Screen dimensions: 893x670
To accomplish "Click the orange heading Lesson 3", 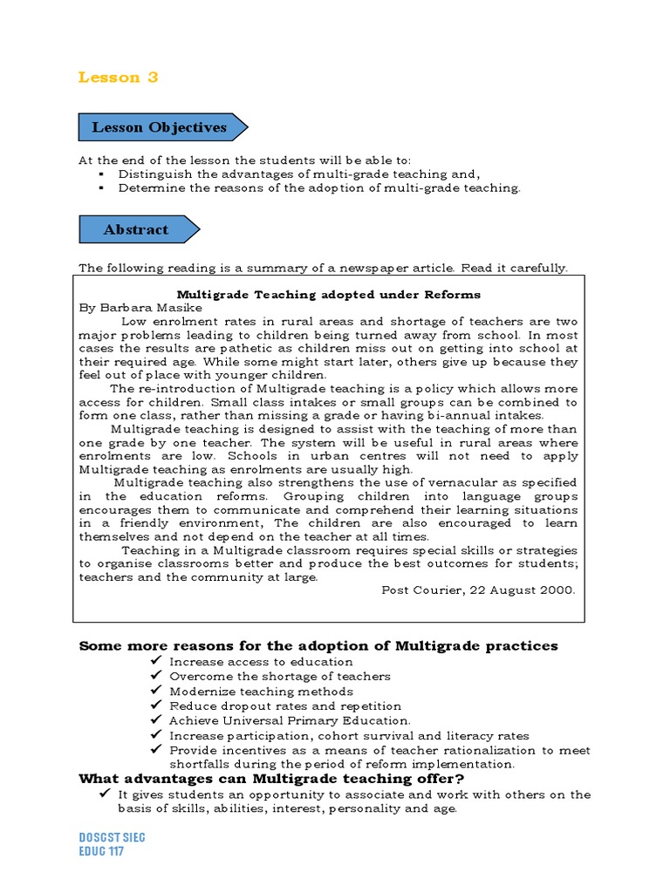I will point(119,78).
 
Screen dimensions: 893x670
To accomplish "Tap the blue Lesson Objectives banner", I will point(160,127).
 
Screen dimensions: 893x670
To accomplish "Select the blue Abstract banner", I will point(136,230).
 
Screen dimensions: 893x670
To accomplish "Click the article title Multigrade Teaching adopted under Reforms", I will point(329,295).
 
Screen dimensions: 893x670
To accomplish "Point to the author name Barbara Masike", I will point(149,308).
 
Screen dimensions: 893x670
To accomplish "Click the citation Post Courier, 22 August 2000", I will point(479,590).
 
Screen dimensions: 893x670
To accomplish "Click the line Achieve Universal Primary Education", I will point(290,721).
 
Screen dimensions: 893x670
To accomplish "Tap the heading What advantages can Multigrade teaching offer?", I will point(271,779).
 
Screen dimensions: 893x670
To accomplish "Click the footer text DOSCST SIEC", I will point(112,837).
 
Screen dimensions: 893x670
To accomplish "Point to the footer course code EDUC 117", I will point(101,851).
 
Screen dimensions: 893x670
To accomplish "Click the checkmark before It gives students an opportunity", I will point(104,794).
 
